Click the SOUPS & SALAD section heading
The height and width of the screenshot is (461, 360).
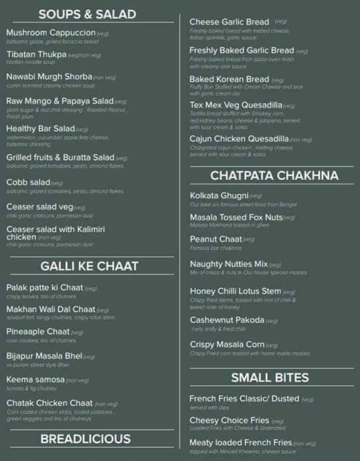coord(88,14)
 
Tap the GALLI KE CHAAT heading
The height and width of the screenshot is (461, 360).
coord(90,266)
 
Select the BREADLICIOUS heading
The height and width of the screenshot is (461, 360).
coord(86,439)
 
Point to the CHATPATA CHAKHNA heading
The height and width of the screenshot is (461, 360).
coord(274,175)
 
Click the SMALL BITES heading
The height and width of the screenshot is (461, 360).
coord(270,377)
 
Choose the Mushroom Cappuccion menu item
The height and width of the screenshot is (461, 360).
coord(51,32)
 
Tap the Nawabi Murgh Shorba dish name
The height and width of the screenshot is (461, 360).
coord(49,77)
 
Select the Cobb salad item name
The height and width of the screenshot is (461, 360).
coord(28,182)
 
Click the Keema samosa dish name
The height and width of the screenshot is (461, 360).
coord(36,379)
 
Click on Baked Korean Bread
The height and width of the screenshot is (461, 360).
coord(229,79)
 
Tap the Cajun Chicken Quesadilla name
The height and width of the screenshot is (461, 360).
coord(239,139)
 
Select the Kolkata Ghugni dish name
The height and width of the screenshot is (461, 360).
coord(219,196)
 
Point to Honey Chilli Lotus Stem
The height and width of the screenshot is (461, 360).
coord(236,290)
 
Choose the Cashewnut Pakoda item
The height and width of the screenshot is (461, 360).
coord(227,320)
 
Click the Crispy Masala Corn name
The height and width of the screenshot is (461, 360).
coord(227,344)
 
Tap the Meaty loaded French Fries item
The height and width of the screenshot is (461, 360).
coord(240,443)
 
